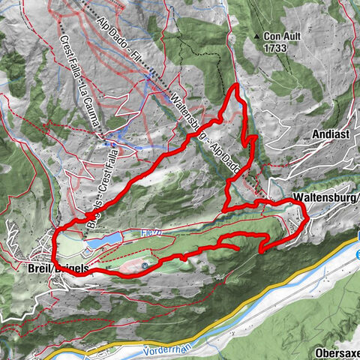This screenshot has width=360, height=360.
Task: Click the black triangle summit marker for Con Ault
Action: pyautogui.click(x=257, y=35)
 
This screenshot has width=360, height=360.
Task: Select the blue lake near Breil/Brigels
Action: pyautogui.click(x=104, y=241)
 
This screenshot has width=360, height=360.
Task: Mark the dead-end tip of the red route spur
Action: pyautogui.click(x=238, y=247)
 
